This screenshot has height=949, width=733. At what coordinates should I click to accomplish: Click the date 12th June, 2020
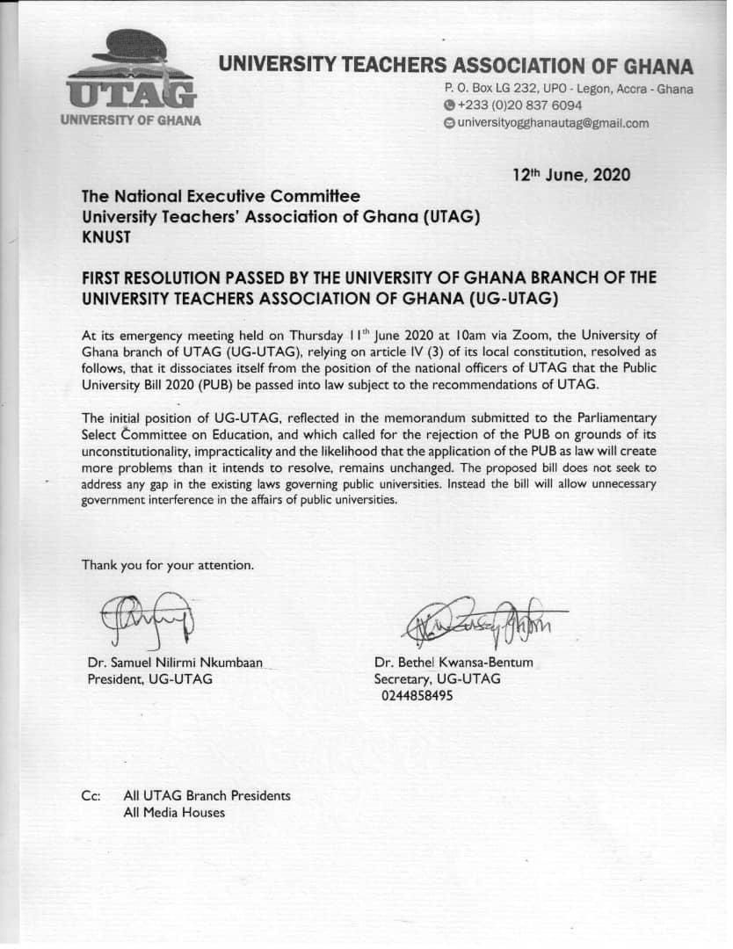tap(571, 175)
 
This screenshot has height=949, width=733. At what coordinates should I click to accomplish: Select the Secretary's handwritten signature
tap(475, 621)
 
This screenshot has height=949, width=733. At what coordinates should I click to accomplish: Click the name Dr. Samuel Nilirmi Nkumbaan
tap(175, 663)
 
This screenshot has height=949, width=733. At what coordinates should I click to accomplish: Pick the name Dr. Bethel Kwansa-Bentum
tap(454, 662)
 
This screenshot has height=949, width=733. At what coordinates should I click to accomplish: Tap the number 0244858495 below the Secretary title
tap(417, 695)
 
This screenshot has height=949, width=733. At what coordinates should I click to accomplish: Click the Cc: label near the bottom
tap(91, 795)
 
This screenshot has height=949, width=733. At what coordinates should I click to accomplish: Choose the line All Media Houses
tap(174, 813)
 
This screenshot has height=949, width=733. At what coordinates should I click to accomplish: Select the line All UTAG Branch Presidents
tap(207, 795)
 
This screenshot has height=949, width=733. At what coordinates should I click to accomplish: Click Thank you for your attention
tap(168, 565)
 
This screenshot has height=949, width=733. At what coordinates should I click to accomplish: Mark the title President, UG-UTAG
tap(149, 678)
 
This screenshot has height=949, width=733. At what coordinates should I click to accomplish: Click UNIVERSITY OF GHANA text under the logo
tap(131, 120)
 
